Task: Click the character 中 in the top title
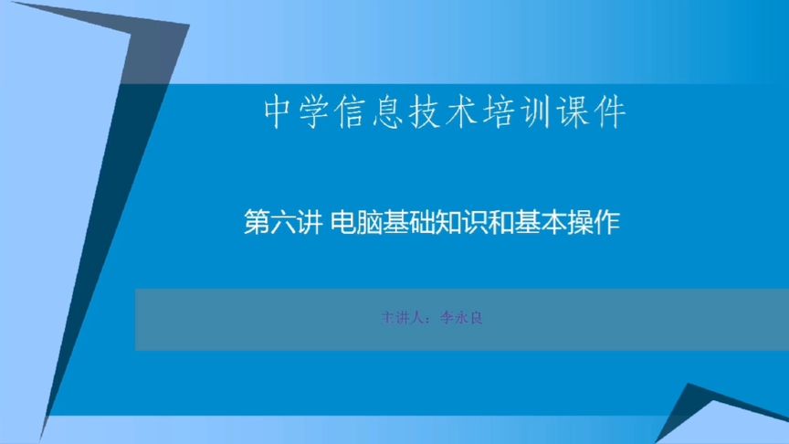tap(279, 112)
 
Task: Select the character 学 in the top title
tap(319, 112)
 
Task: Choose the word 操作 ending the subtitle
tap(592, 223)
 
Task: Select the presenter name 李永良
tap(459, 320)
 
